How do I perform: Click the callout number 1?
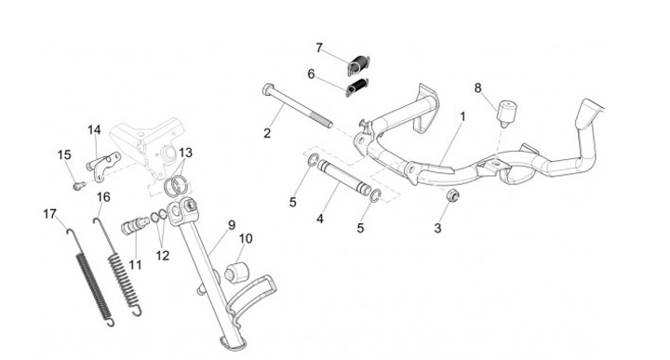click(462, 116)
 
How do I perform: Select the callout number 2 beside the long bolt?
click(267, 133)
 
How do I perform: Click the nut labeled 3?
click(452, 196)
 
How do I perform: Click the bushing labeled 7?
click(358, 66)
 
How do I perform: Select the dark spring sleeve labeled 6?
click(357, 87)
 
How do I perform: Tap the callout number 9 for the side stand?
click(231, 225)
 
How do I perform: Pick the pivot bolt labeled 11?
click(135, 225)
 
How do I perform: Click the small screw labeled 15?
click(78, 185)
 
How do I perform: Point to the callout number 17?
click(49, 214)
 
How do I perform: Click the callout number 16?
click(103, 197)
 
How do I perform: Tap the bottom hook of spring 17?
click(110, 322)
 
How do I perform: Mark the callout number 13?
click(185, 153)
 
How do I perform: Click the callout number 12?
click(162, 256)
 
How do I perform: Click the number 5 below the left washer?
click(293, 202)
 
